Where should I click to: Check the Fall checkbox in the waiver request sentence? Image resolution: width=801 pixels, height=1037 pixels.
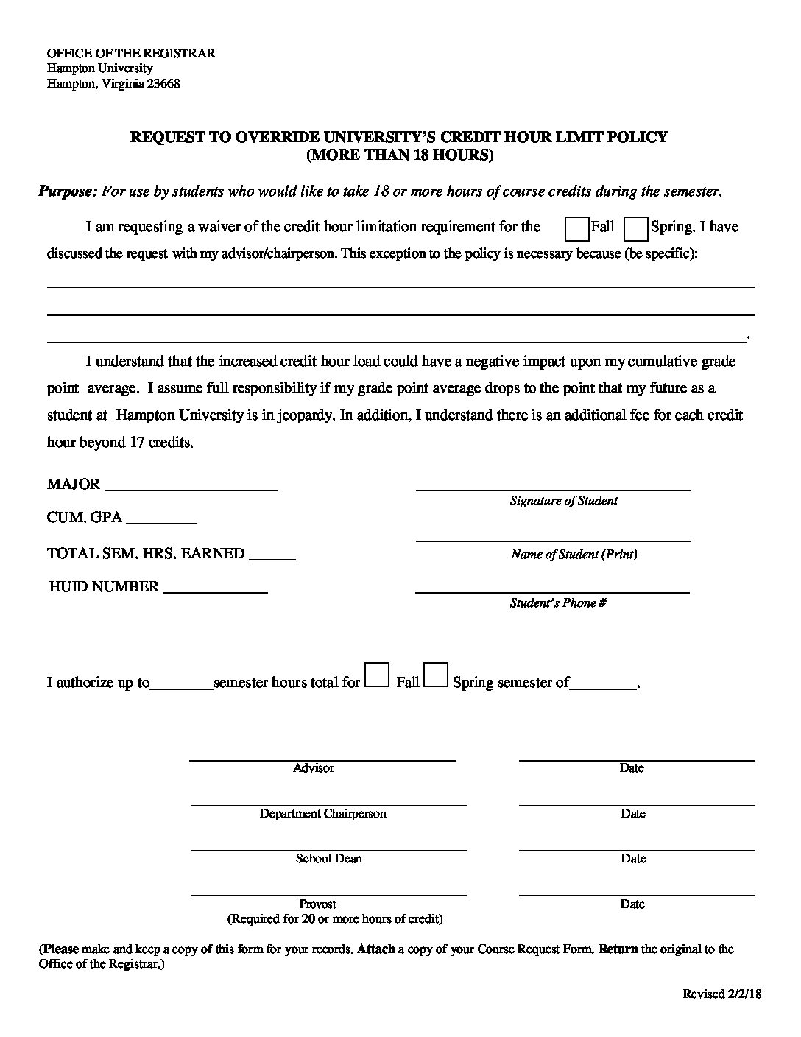click(x=577, y=229)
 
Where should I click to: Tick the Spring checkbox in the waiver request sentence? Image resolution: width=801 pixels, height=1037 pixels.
click(x=635, y=229)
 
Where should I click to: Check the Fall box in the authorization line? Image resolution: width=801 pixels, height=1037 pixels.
click(x=378, y=675)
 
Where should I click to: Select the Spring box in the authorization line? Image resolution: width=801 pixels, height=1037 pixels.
click(x=437, y=675)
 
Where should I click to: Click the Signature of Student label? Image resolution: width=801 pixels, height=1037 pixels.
click(x=564, y=501)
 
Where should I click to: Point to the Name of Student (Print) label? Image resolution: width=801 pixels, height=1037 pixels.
click(x=574, y=555)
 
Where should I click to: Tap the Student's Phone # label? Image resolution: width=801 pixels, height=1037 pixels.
click(x=558, y=603)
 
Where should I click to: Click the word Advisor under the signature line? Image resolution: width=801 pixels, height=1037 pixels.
click(x=314, y=768)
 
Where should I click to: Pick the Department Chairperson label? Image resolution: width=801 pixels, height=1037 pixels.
click(x=322, y=814)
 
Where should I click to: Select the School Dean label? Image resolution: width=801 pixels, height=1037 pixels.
click(x=329, y=859)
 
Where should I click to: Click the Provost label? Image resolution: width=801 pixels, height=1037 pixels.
click(x=318, y=904)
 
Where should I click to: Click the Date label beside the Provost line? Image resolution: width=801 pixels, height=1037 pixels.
click(x=632, y=904)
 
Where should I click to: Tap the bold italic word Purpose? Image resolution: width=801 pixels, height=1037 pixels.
click(x=67, y=191)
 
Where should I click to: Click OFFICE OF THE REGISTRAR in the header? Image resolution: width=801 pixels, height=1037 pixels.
click(x=131, y=54)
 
